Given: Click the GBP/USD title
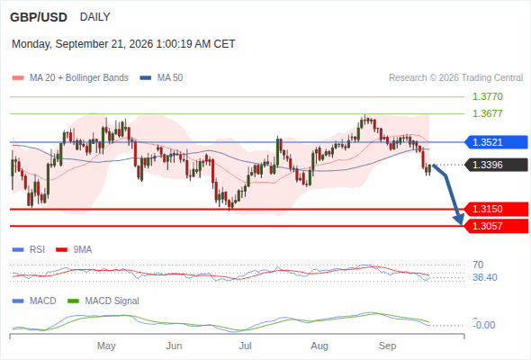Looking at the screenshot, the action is coord(39,17).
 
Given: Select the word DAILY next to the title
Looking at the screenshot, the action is coord(94,16).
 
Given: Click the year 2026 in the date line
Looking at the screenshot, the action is coord(140,44).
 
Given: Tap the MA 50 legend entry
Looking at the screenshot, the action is coord(161,78).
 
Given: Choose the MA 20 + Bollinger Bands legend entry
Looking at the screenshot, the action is coord(70,78).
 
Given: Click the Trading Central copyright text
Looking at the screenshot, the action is coord(455,78).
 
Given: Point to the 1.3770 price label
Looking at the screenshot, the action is coord(488,96).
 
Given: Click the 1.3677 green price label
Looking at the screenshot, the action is coord(488,113).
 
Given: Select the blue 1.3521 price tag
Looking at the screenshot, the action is coord(496,142).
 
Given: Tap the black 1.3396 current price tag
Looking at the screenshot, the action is coord(496,165).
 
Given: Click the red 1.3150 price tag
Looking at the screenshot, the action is coord(496,209).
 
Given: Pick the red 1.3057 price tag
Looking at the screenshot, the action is coord(496,226).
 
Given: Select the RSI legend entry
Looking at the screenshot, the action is coord(29,249).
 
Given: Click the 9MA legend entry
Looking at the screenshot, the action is coord(74,249).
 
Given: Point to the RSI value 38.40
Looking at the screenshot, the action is coord(485,277).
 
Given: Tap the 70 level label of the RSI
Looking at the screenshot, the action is coord(478,265).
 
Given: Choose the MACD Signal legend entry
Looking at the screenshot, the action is coord(103,301).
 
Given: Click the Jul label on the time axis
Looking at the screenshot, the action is coord(245,346).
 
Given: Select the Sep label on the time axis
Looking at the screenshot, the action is coord(387,346).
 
